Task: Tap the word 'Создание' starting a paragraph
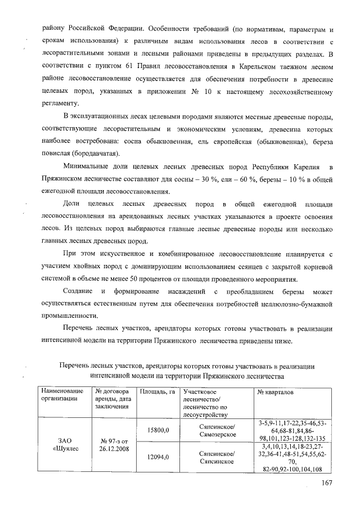click(x=80, y=292)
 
